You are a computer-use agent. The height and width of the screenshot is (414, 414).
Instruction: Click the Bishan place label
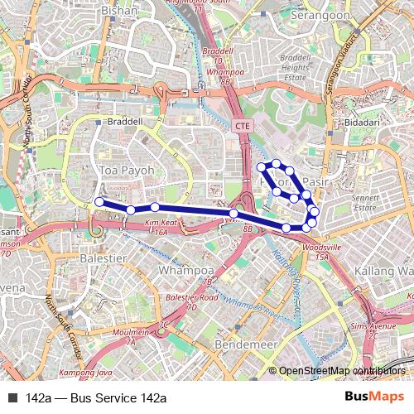[119, 11]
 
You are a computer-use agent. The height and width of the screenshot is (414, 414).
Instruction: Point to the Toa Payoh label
[127, 170]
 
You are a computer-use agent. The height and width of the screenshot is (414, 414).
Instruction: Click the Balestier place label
[103, 258]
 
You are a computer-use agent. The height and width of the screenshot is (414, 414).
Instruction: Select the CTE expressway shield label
[243, 126]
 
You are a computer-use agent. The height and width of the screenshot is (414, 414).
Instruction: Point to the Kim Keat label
[162, 224]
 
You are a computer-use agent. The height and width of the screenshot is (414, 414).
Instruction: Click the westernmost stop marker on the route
[99, 201]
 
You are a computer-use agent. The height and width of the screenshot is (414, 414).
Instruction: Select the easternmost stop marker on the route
[315, 212]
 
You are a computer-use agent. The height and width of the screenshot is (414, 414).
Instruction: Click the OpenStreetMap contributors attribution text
[341, 371]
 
